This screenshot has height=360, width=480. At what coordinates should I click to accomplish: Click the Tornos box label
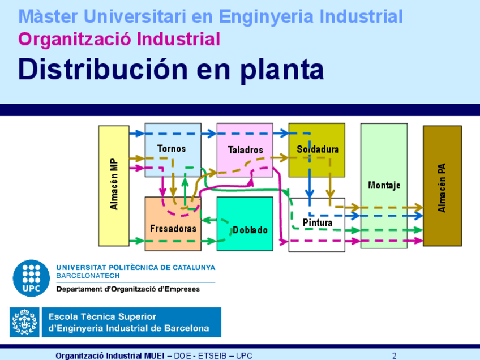(172, 149)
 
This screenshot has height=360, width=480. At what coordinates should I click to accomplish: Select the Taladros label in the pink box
(246, 150)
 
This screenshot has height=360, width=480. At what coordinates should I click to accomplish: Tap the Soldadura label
(318, 149)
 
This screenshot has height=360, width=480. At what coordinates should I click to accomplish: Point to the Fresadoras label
(173, 229)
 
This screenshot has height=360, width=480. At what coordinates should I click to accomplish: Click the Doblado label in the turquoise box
(250, 230)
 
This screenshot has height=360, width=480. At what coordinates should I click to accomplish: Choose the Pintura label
(318, 222)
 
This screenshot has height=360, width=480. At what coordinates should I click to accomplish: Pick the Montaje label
(384, 185)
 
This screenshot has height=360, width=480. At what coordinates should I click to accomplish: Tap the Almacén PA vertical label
(442, 186)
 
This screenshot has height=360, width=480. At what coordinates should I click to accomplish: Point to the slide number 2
(394, 355)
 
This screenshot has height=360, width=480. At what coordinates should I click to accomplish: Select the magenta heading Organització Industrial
(119, 39)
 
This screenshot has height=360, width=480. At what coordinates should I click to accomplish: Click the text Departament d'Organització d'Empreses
(128, 289)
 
